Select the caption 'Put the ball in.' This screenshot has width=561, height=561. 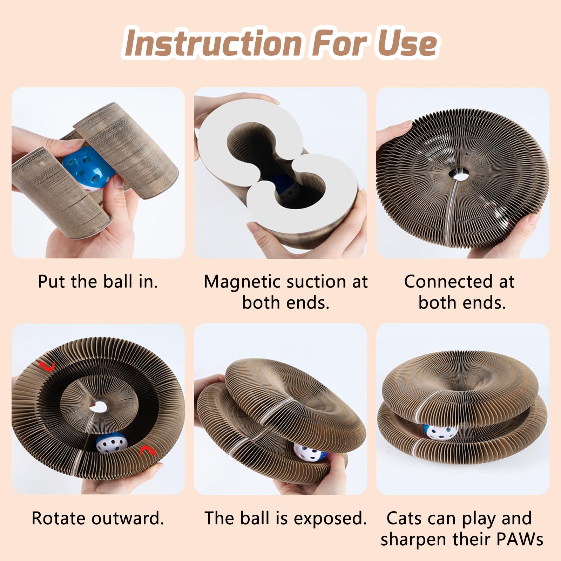98,282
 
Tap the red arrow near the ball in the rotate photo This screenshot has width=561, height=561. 148,451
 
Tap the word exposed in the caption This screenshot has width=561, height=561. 330,518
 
